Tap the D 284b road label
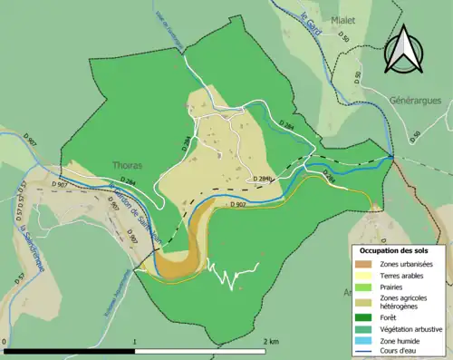pyautogui.click(x=263, y=179)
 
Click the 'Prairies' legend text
pyautogui.click(x=390, y=286)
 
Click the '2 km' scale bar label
pyautogui.click(x=270, y=341)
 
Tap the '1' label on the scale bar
pyautogui.click(x=135, y=341)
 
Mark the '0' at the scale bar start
pyautogui.click(x=5, y=341)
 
